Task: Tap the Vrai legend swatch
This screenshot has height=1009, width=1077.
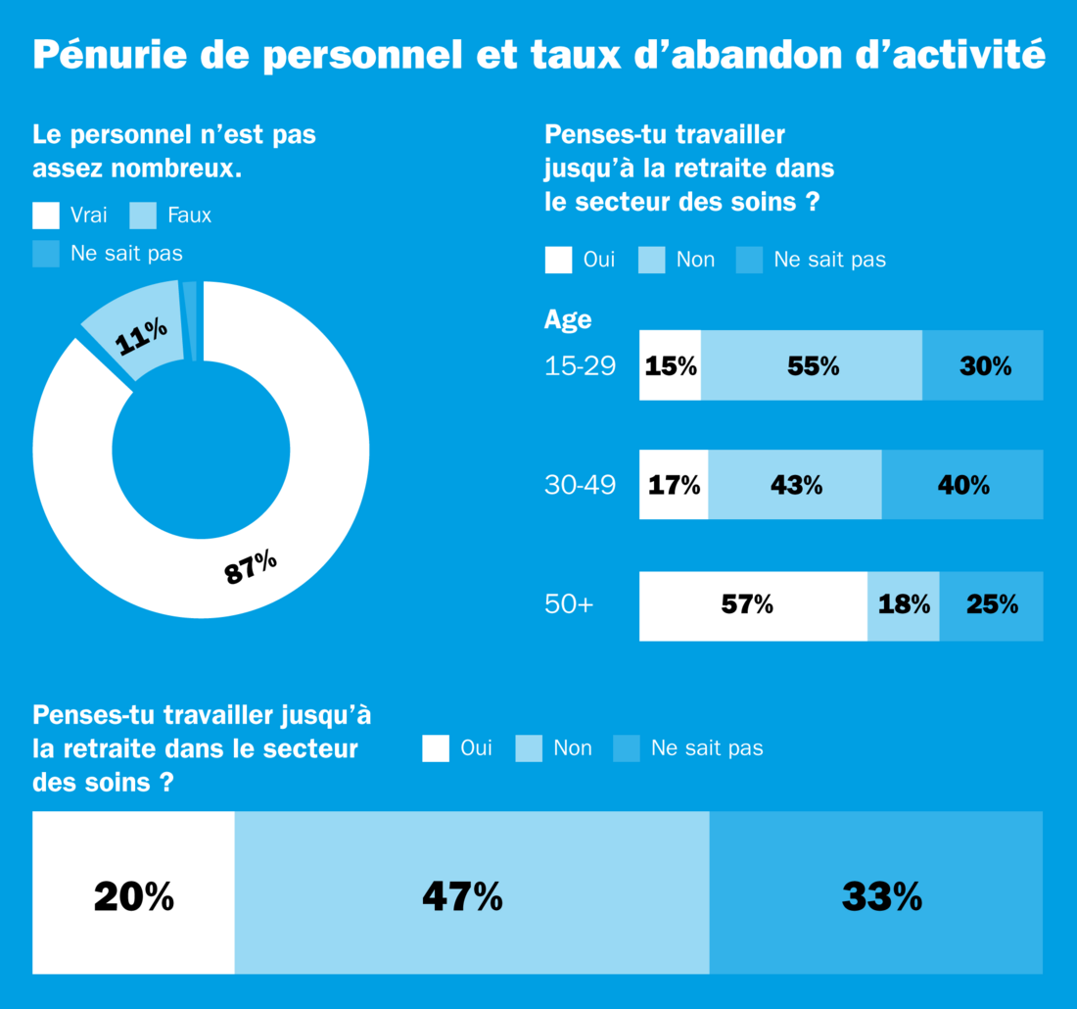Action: pos(46,216)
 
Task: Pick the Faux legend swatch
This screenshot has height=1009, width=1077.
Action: pos(143,216)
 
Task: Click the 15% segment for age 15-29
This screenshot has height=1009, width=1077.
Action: pos(670,365)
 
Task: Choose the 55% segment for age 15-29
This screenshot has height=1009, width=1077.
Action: pos(812,365)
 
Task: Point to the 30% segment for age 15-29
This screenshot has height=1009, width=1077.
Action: pos(982,365)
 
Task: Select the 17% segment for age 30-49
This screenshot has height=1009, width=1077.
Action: pos(674,484)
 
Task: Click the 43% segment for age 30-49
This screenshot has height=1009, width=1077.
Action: pos(795,484)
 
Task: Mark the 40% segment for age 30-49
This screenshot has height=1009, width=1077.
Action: pos(962,484)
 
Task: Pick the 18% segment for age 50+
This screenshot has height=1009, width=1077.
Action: pos(904,605)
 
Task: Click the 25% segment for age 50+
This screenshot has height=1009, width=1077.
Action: pos(991,605)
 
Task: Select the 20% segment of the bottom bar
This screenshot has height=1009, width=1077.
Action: pos(134,892)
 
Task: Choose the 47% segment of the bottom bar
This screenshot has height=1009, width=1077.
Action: pos(472,892)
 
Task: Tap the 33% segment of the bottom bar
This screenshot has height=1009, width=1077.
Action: pos(876,892)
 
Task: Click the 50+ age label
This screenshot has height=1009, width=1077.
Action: pos(569,605)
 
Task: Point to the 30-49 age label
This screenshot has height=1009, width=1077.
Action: pos(580,484)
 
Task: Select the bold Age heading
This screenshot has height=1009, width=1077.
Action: pos(568,320)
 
